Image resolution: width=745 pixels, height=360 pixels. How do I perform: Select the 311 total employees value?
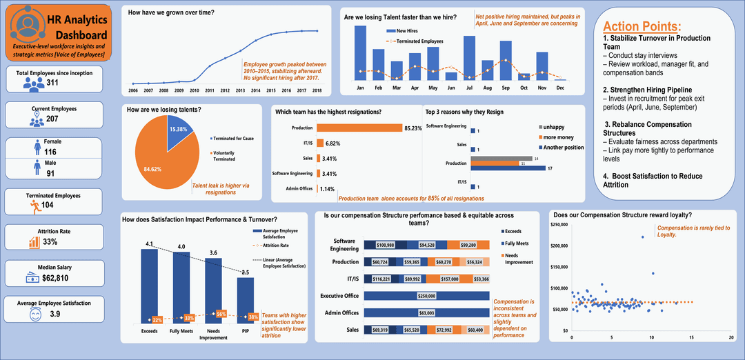(x=52, y=83)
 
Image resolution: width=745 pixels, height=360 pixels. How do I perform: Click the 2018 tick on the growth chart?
(x=317, y=90)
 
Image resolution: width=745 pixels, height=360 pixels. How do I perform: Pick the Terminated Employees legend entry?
(x=418, y=41)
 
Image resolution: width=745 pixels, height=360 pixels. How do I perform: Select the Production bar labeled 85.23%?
(x=359, y=128)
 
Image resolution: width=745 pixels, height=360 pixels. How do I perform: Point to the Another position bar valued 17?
(x=507, y=168)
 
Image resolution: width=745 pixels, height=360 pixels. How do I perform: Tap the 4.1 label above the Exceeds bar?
(x=148, y=243)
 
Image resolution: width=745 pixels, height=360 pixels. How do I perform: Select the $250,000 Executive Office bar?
(x=426, y=295)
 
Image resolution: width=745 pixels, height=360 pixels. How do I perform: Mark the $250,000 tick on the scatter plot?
(x=559, y=225)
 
